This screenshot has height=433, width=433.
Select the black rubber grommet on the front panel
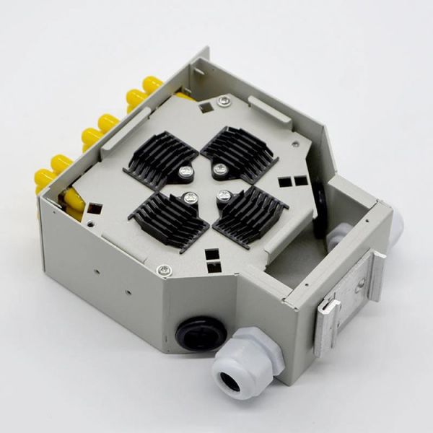click(x=201, y=333)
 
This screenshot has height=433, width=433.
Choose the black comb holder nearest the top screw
click(x=241, y=152)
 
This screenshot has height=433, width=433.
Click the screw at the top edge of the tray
click(x=225, y=102)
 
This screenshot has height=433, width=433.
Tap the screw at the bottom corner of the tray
click(x=165, y=270)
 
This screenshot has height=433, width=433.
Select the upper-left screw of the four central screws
click(x=186, y=172)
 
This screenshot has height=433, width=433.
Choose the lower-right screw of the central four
click(x=224, y=195)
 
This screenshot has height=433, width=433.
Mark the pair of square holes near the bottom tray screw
click(x=213, y=261)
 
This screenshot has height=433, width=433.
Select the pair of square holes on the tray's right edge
click(x=294, y=181)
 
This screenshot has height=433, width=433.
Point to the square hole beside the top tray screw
click(x=206, y=107)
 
